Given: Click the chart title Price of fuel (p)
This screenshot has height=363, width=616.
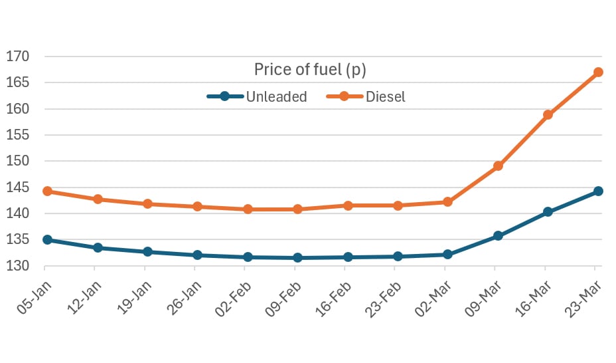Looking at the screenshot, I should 310,69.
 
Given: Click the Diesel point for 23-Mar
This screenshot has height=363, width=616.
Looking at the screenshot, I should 597,72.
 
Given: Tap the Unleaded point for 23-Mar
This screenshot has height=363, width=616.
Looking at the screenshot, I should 597,191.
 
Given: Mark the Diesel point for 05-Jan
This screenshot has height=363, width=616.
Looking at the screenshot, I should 47,191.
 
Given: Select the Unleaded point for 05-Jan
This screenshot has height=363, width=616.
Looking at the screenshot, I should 47,239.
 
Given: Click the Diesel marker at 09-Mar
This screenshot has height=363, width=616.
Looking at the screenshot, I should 498,166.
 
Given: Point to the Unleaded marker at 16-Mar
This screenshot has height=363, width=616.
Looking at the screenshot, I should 548,212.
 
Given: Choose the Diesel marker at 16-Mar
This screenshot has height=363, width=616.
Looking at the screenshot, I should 548,114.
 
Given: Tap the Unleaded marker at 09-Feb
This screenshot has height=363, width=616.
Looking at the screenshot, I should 297,257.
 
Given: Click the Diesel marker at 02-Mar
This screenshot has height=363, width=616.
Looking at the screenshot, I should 447,201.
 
